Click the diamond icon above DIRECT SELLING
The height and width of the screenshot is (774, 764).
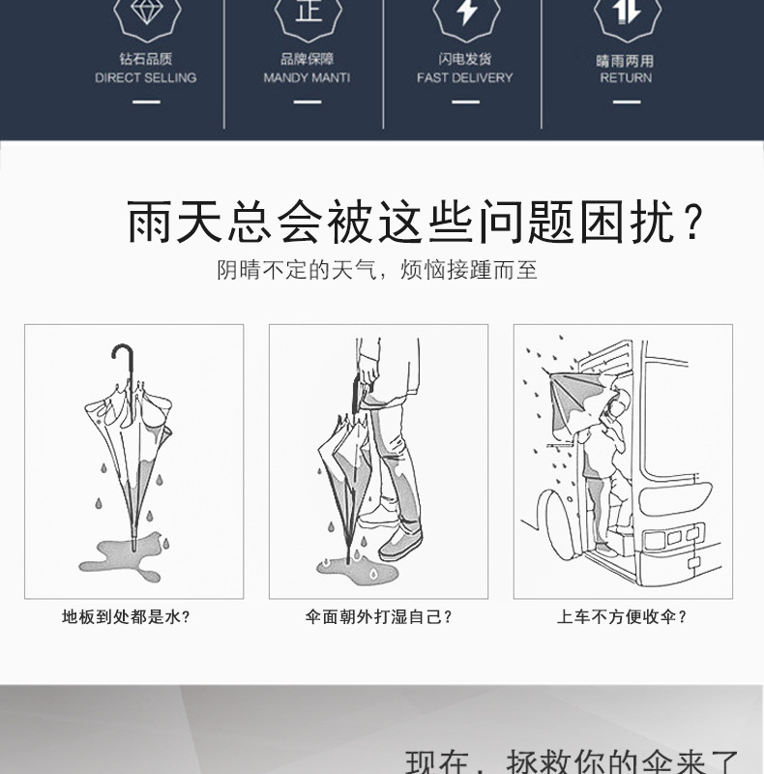point(146,14)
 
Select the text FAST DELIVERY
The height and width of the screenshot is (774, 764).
point(465,77)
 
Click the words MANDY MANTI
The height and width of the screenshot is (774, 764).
point(307,77)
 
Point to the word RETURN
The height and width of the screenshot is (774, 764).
point(626,77)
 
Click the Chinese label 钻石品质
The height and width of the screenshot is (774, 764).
point(146,59)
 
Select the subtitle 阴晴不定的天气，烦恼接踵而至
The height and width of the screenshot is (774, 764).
point(377,270)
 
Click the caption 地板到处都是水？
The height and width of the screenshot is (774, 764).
point(126,616)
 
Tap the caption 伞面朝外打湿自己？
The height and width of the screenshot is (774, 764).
point(379,616)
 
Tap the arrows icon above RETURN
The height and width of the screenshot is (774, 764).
point(626,12)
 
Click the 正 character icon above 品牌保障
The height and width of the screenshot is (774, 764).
point(308,12)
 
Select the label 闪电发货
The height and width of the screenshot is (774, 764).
point(465,59)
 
